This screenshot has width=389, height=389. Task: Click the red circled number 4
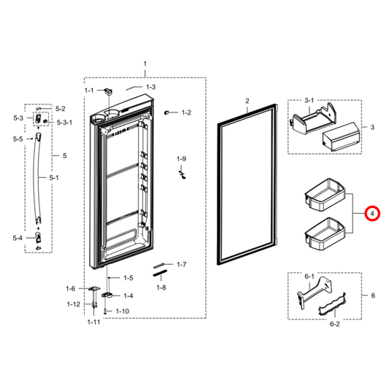[372, 214]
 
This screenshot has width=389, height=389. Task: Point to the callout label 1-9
[182, 158]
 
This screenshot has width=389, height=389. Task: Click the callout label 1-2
[186, 112]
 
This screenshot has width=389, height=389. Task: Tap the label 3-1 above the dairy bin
[309, 100]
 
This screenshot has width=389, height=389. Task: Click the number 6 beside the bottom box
[373, 296]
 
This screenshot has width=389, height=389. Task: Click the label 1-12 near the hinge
[74, 304]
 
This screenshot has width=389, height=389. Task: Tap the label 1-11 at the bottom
[93, 322]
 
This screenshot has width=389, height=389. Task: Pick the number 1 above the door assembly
[145, 65]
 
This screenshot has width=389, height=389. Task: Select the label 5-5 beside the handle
[18, 139]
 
